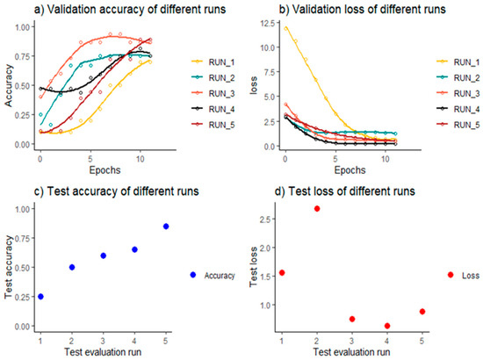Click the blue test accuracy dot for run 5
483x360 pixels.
coord(165,227)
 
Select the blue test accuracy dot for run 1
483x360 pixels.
coord(40,297)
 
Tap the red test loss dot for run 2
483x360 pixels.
coord(316,208)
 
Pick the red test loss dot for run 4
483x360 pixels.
coord(386,326)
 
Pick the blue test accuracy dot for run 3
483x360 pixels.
coord(103,256)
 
